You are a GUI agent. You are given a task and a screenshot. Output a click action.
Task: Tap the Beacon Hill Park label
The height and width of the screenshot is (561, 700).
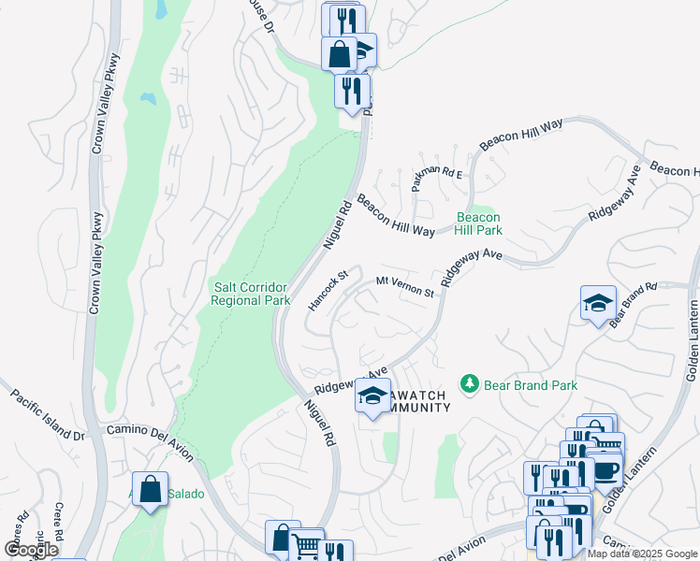click(x=479, y=223)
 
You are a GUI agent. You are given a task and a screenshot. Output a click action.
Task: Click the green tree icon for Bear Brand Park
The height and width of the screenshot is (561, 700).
click(x=470, y=383)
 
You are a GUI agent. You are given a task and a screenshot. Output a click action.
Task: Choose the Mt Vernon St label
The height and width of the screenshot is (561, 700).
click(x=405, y=286)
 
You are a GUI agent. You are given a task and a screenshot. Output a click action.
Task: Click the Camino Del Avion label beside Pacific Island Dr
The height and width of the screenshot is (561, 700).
click(x=150, y=442)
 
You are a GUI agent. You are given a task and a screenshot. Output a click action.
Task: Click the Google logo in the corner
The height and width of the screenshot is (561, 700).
click(x=31, y=550)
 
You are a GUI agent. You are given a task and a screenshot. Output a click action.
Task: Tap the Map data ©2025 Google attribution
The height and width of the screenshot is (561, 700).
click(x=642, y=554)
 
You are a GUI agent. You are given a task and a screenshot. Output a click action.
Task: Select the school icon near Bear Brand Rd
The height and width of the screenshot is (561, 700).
click(x=599, y=303)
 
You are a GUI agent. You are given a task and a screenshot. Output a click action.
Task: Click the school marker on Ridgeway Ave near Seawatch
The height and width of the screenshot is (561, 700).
click(x=372, y=396)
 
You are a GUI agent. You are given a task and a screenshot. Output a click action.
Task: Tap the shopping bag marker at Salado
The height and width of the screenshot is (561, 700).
click(x=150, y=488)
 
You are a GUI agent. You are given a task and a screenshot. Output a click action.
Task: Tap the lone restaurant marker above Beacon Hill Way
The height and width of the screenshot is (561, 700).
click(x=352, y=91)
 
